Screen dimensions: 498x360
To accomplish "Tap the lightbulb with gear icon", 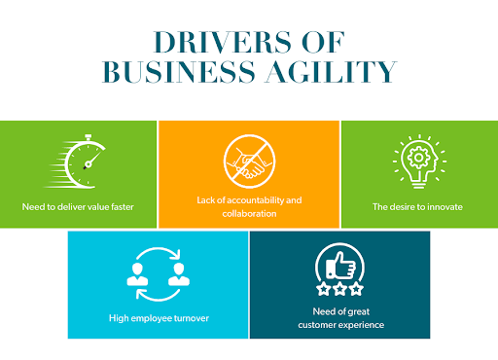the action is pos(417,160).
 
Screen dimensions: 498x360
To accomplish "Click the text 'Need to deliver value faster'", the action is pos(78,206).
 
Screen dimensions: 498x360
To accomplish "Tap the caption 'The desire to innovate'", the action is pos(418,206).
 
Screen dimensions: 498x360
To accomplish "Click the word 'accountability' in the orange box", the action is pos(258,199).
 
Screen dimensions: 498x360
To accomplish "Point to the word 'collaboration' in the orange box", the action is pos(249,213).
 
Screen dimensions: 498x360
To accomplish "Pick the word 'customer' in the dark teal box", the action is pos(321,324).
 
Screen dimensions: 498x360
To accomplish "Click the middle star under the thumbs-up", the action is pos(338,289).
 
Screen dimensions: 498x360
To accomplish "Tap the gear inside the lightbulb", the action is pos(417,156).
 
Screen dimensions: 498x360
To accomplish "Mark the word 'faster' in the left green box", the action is pos(120,206).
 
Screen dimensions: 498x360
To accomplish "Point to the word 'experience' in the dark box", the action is pos(363,324).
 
